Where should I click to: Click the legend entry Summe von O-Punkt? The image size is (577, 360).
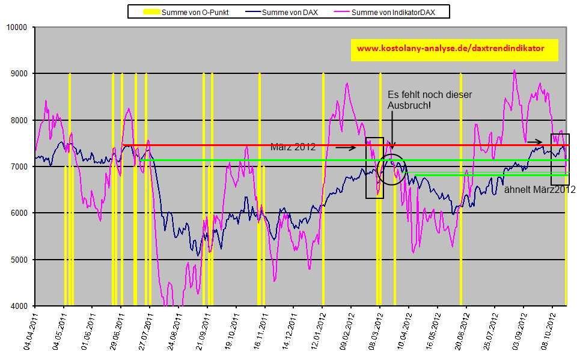tap(187, 11)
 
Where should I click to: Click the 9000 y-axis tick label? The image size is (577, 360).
tap(19, 73)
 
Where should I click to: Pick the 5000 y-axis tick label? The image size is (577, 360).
tap(19, 260)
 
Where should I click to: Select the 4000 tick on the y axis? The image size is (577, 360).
tap(19, 306)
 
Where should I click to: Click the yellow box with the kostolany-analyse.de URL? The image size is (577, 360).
tap(454, 50)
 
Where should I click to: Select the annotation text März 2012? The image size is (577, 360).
tap(293, 147)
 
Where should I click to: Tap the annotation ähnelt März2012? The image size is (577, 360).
tap(540, 189)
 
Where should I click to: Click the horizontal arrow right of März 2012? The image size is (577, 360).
tap(346, 147)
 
